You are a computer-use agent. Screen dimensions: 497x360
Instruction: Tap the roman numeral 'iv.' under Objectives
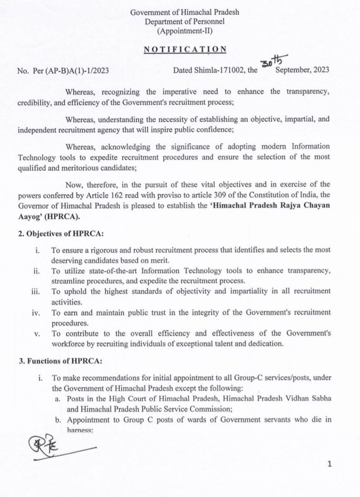pyautogui.click(x=35, y=312)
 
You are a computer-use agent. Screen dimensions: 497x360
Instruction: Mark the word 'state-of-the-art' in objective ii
pyautogui.click(x=91, y=271)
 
